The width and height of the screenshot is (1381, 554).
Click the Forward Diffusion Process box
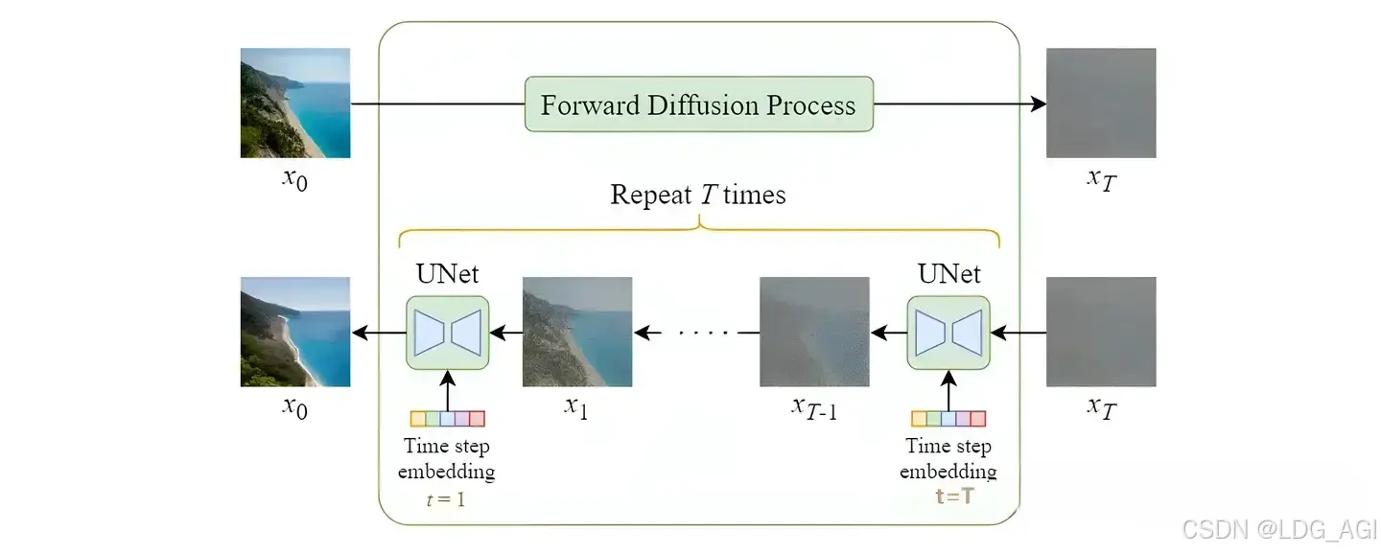tap(698, 104)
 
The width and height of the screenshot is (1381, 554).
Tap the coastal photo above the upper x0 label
tap(295, 103)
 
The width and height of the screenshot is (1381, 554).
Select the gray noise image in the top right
tap(1101, 103)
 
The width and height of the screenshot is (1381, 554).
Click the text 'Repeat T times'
tap(697, 196)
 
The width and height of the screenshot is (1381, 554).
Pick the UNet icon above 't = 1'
tap(447, 333)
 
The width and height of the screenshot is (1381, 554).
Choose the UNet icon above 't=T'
tap(948, 333)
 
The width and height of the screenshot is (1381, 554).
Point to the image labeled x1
tap(577, 332)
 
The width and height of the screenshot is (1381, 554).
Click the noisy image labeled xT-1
tap(814, 332)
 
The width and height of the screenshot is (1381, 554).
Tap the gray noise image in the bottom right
tap(1101, 332)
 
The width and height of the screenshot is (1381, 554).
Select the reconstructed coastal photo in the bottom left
tap(295, 332)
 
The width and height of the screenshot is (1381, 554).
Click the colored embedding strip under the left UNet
tap(447, 418)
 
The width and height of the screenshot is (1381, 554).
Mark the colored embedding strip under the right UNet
tap(948, 418)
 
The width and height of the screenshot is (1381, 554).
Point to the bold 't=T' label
tap(954, 496)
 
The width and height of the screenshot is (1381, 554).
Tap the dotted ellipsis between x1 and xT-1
tap(704, 334)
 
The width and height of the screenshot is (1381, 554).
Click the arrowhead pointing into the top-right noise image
tap(1038, 104)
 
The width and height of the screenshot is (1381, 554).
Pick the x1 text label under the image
tap(575, 406)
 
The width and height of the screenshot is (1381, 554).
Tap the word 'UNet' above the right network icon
tap(948, 274)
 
